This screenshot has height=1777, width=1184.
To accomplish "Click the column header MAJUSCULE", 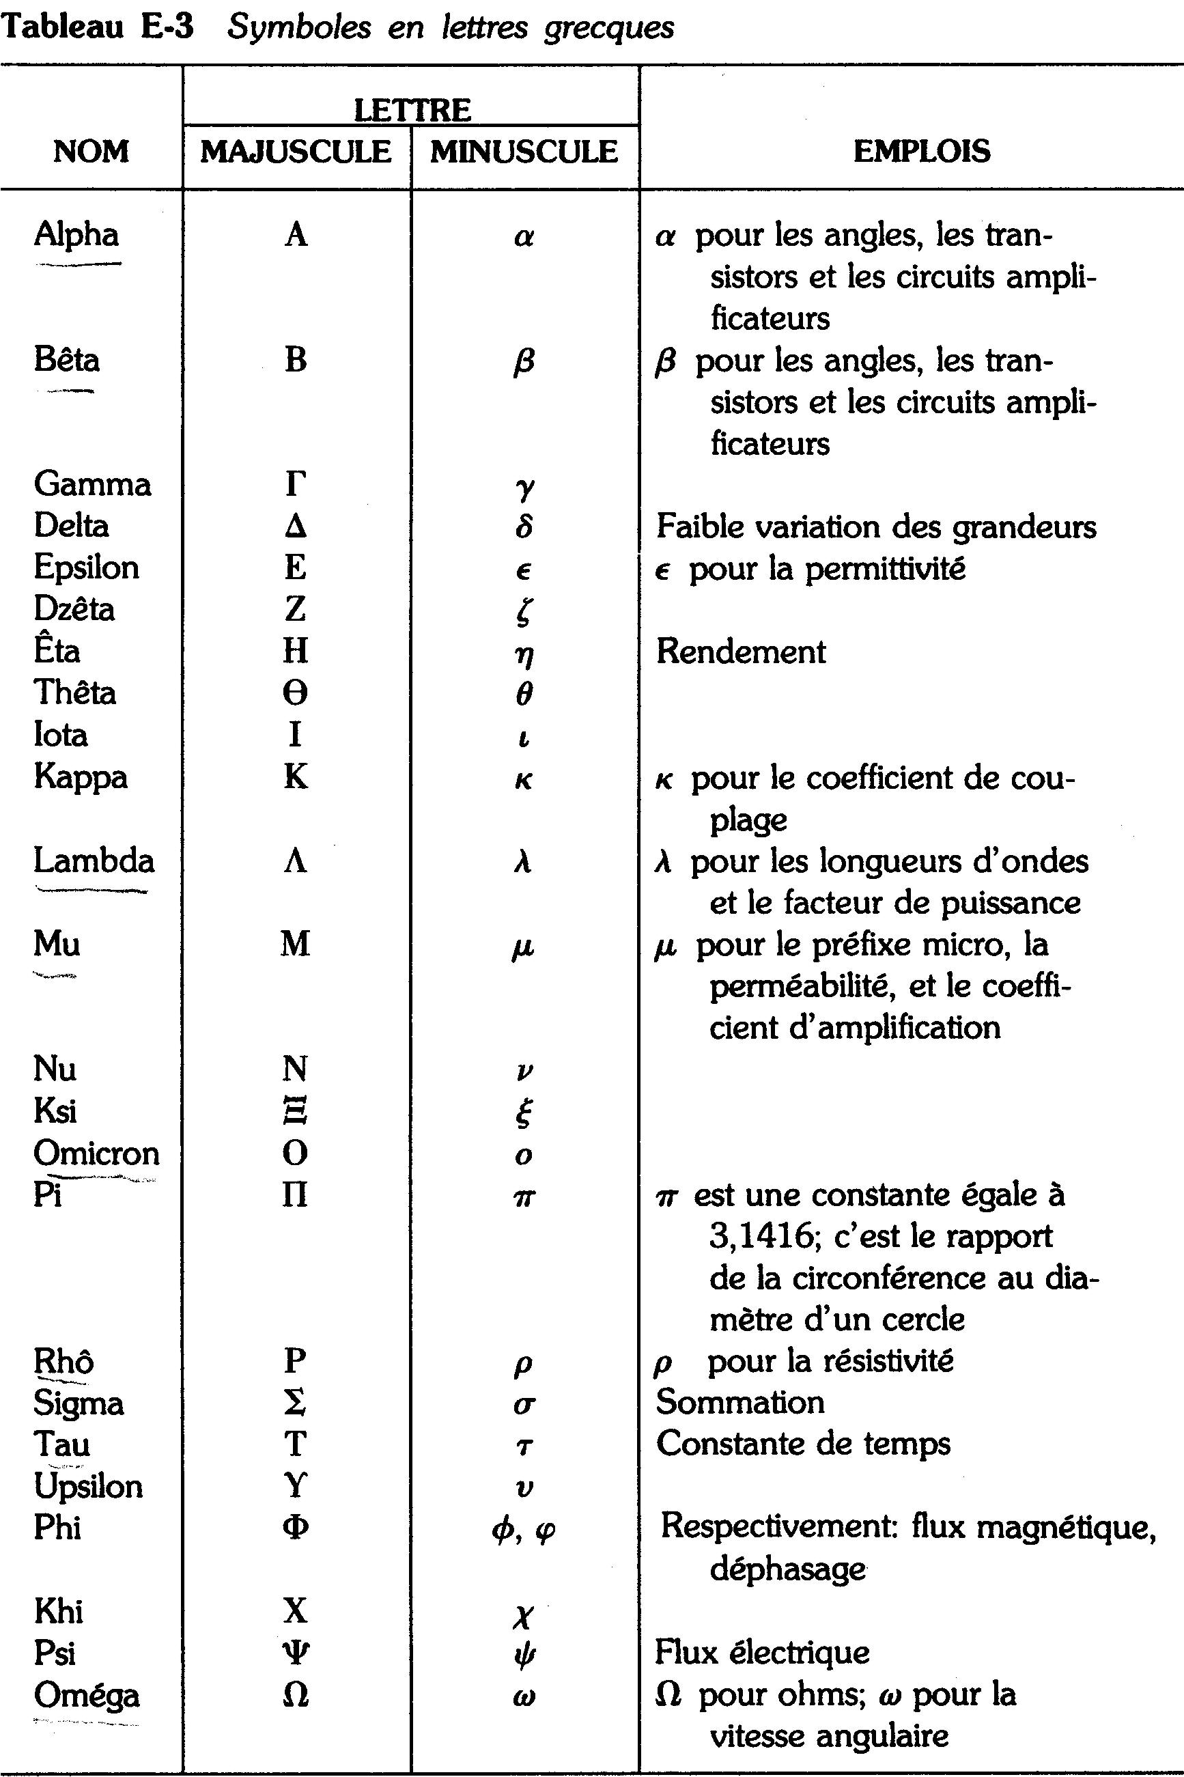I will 296,152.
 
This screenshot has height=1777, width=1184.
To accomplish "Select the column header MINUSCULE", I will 524,152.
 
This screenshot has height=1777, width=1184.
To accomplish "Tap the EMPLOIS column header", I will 921,152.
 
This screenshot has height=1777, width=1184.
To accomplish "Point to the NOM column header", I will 91,152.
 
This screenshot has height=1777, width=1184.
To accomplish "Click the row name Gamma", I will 92,484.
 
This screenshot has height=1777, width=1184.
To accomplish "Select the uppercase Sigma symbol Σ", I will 295,1403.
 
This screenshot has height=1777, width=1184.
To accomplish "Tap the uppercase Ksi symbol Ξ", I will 295,1112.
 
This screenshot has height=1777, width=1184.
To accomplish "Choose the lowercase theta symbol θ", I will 524,693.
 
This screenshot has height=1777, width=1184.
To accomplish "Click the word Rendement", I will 741,651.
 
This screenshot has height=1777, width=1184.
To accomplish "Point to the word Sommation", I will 740,1403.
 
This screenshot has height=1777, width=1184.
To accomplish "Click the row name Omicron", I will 97,1153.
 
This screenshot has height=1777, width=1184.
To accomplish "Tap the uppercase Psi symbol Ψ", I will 295,1653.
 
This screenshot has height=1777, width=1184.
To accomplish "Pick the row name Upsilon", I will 88,1486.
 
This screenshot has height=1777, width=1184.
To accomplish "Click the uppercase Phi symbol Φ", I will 295,1528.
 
